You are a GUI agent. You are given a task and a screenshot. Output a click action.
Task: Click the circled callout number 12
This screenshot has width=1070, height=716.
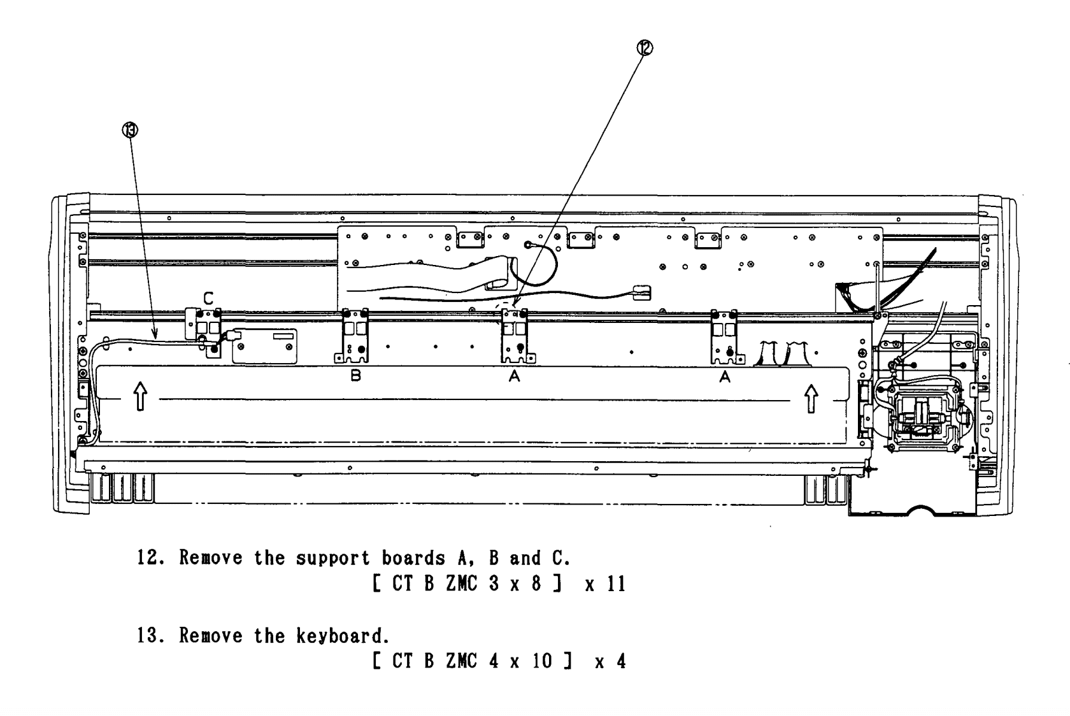pos(645,48)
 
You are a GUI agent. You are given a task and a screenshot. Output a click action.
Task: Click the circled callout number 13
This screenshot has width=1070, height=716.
pos(130,130)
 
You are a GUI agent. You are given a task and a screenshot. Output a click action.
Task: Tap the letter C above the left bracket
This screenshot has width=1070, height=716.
pos(208,299)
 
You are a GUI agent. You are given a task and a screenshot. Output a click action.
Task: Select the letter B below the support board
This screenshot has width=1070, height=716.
pos(355,376)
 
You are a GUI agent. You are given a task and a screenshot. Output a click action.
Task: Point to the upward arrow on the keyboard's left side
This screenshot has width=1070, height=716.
pos(140,396)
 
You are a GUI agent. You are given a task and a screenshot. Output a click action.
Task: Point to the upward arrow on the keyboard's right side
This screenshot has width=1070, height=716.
pos(811,399)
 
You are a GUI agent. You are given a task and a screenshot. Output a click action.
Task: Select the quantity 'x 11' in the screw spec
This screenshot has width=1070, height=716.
pos(605,584)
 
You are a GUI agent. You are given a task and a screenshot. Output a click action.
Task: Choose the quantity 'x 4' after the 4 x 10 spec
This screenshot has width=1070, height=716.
pos(610,662)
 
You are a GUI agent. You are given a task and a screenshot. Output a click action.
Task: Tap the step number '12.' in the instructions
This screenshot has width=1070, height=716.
pos(151,557)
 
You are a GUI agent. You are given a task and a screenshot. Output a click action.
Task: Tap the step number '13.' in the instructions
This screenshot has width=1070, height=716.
pos(151,636)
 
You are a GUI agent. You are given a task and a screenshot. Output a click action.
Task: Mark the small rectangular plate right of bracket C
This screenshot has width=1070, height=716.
pos(265,347)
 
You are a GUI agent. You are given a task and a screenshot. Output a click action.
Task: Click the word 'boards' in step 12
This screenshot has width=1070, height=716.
pos(413,557)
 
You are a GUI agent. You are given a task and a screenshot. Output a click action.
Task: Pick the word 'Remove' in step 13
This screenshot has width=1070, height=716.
pos(211,636)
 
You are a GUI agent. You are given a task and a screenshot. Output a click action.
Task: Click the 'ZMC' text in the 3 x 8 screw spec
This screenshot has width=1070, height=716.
pos(461,584)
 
